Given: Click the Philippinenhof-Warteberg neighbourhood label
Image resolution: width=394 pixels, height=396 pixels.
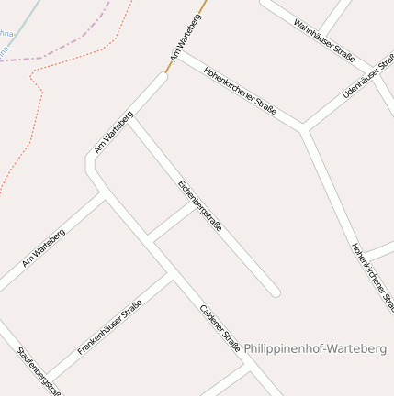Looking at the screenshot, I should pos(315,348).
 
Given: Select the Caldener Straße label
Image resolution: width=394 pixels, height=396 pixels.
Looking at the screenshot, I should pos(220,328).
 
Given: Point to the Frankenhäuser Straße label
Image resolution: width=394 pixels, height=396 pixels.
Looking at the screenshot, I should pos(110,327).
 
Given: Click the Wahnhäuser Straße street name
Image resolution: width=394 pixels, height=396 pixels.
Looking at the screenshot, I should pos(324,40).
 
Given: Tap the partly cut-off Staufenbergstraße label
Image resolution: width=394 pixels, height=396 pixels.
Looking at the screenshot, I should pos(39,370).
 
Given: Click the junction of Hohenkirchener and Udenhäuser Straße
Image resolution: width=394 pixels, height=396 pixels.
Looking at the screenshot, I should pos(303,128).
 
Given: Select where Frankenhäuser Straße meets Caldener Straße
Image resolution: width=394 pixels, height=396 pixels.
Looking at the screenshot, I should pos(171,273).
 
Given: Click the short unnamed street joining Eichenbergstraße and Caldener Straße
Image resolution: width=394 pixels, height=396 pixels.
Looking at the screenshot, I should pos(173,223).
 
